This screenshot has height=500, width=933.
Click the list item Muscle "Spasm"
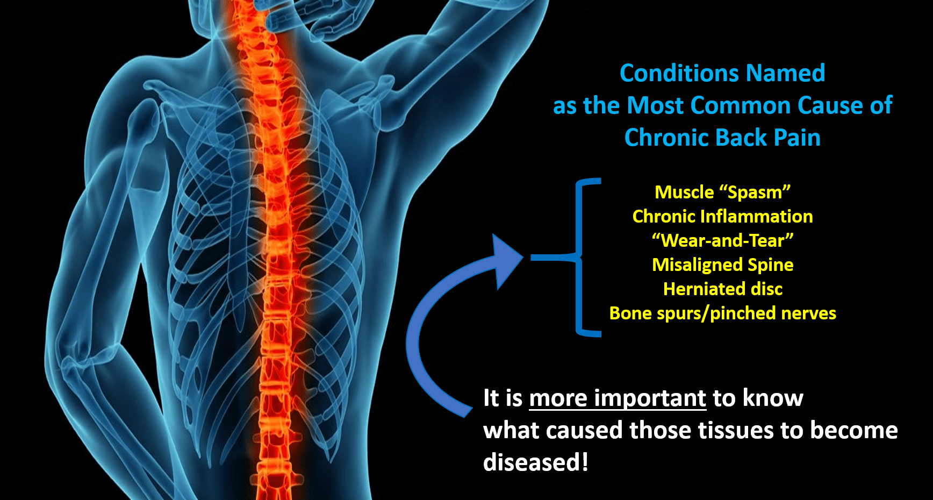coord(722,192)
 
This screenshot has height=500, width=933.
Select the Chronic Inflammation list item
coord(722,216)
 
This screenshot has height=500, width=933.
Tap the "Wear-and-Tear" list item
coord(722,240)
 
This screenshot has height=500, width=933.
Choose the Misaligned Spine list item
coord(722,265)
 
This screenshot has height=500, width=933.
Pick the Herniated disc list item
coord(723,289)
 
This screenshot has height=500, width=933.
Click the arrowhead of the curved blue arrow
coord(505,261)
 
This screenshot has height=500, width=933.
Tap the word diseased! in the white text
coord(536,462)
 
